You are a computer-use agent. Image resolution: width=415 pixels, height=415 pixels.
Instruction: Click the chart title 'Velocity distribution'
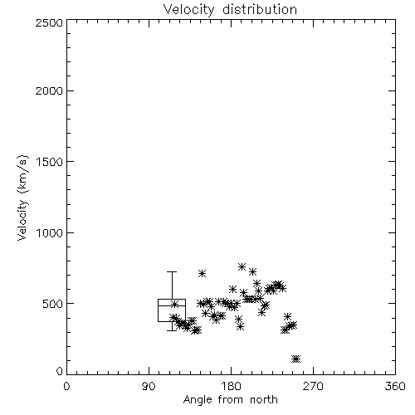[x=230, y=9]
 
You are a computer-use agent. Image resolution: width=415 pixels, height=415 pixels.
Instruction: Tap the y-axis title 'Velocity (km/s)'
[x=22, y=198]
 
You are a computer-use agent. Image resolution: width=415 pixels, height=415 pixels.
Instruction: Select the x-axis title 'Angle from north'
[x=231, y=399]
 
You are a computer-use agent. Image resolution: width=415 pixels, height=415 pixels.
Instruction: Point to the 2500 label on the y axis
[x=49, y=22]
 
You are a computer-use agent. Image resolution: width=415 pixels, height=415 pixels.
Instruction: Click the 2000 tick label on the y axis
[x=49, y=90]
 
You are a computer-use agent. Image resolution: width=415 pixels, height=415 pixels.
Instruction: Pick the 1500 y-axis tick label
[x=50, y=162]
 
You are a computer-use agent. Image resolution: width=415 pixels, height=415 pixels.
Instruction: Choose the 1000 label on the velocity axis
[x=50, y=232]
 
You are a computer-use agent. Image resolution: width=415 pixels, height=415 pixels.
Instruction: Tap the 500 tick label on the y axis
[x=53, y=304]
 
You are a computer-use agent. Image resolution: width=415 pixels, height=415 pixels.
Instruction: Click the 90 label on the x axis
[x=149, y=386]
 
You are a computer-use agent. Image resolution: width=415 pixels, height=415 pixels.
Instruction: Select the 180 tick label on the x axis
[x=231, y=386]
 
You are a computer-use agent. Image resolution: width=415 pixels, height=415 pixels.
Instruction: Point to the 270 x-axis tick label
[x=313, y=386]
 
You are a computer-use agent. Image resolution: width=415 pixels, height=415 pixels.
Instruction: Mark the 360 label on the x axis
[x=395, y=386]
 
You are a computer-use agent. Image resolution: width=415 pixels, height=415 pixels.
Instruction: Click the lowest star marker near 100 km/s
[x=296, y=359]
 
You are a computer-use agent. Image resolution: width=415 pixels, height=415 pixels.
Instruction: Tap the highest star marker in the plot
[x=242, y=266]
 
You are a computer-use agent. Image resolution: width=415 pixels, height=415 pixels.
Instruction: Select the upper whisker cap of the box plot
[x=172, y=272]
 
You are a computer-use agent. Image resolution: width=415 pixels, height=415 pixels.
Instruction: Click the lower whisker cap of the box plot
[x=172, y=330]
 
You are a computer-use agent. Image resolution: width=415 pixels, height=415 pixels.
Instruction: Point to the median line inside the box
[x=172, y=305]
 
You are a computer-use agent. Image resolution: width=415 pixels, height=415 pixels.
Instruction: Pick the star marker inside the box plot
[x=174, y=304]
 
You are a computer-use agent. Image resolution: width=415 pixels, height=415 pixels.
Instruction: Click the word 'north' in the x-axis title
[x=264, y=400]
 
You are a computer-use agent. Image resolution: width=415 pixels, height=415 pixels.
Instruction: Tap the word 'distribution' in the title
[x=260, y=9]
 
